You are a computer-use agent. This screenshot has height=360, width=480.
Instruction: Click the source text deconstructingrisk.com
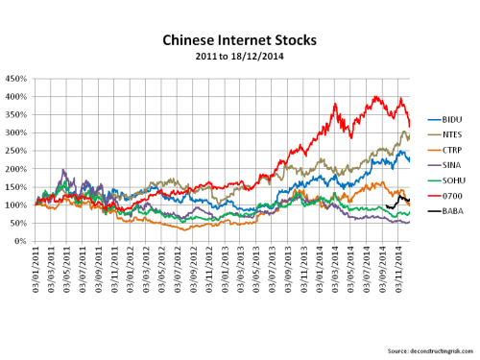click(x=421, y=349)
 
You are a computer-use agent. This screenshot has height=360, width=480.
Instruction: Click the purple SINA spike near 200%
click(x=63, y=171)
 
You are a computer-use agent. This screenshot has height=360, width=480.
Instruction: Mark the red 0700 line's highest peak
click(x=375, y=96)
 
